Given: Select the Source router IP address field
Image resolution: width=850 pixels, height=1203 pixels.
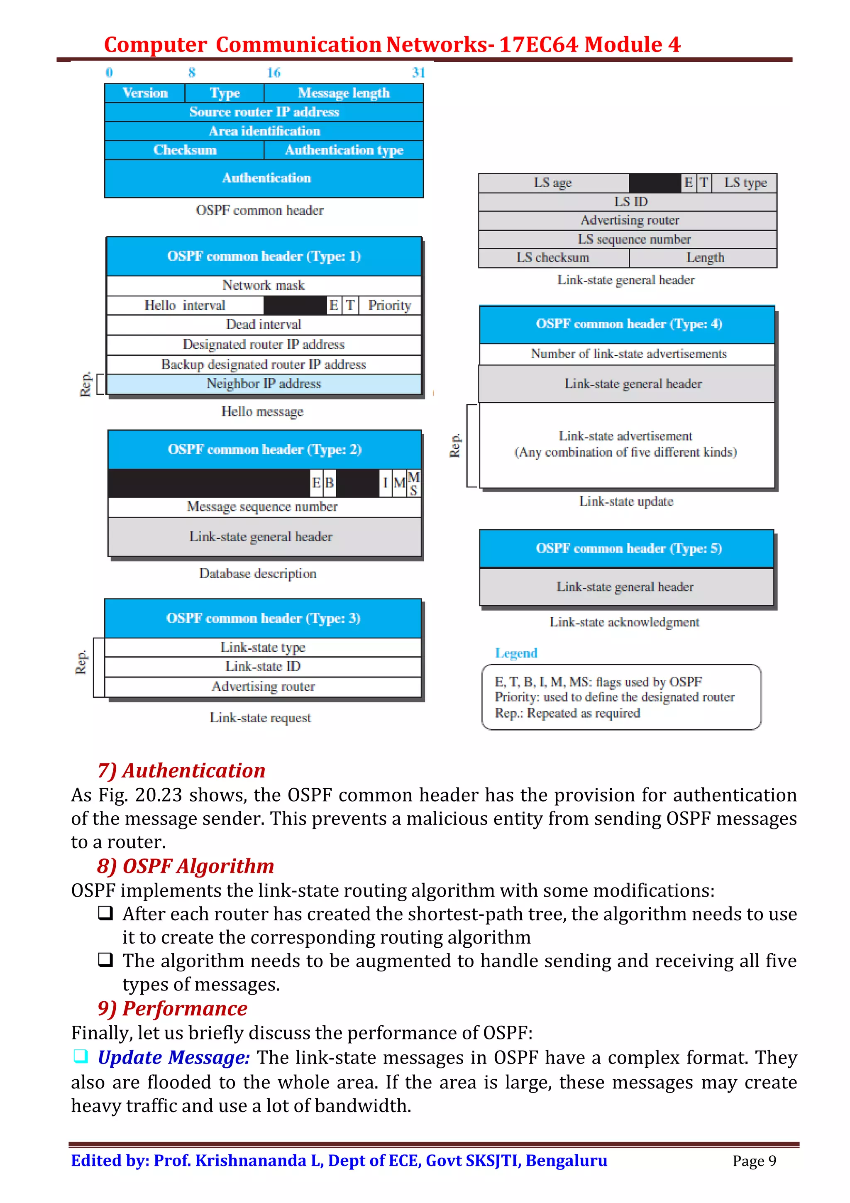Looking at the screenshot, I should click(x=264, y=112).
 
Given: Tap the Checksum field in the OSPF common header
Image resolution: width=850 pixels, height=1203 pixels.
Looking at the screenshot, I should click(x=184, y=150).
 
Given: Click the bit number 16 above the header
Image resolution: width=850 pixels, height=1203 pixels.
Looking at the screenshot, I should click(x=274, y=73).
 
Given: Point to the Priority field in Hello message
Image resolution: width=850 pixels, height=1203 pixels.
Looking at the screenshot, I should click(x=389, y=305).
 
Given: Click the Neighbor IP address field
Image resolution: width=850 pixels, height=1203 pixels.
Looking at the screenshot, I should click(x=264, y=384).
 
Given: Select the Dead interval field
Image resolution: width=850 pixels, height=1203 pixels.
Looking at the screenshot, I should click(x=264, y=324).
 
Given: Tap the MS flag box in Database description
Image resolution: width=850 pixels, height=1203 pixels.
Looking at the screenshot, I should click(x=414, y=483).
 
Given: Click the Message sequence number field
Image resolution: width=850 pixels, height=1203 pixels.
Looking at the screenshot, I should click(x=262, y=507).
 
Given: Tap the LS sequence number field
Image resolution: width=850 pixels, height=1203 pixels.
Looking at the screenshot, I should click(x=634, y=240).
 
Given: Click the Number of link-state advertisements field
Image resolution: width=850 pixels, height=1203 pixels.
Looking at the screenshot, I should click(x=628, y=354).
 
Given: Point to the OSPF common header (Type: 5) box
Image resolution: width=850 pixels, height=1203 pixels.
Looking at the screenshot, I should click(x=628, y=549).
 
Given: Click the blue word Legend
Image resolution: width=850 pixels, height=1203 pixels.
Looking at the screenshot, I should click(x=516, y=653).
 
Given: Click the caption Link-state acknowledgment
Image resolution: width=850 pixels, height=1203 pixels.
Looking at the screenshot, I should click(x=624, y=622).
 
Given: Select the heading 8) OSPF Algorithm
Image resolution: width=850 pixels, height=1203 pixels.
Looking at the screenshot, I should click(x=186, y=866).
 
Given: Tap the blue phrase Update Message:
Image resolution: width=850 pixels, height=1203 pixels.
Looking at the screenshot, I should click(x=173, y=1057).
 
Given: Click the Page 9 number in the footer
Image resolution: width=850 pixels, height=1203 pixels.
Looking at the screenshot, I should click(x=754, y=1161).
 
